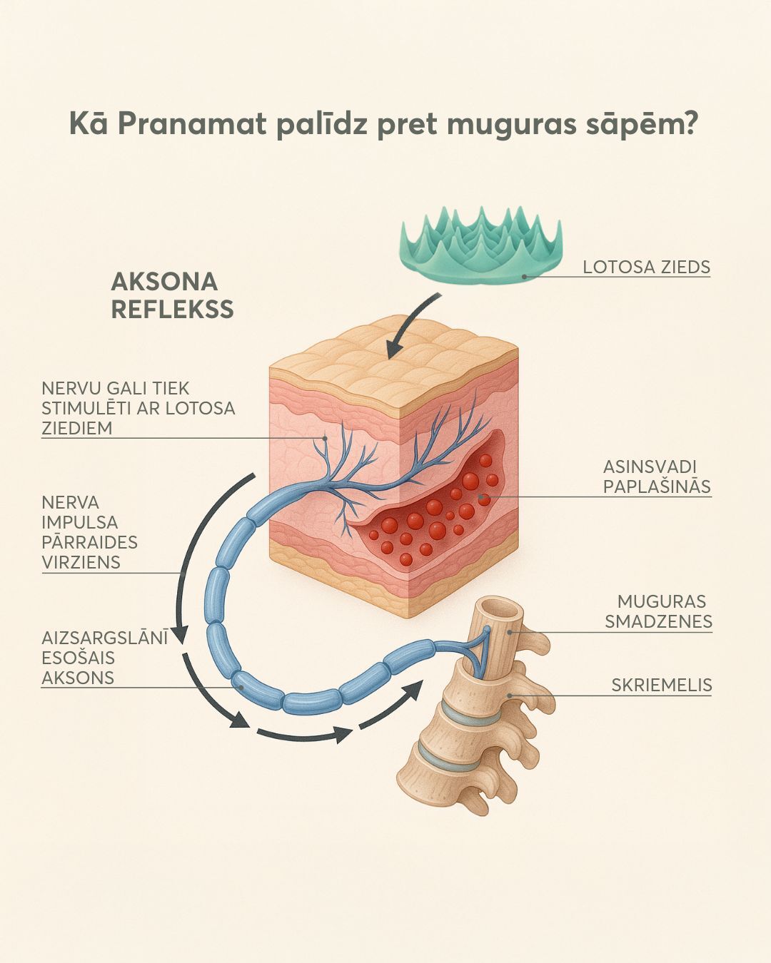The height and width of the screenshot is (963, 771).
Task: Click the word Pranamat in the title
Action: click(193, 125)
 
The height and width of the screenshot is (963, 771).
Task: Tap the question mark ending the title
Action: click(689, 123)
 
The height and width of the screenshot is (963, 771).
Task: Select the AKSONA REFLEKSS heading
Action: click(173, 295)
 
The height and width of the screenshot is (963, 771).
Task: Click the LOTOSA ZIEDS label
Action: click(646, 267)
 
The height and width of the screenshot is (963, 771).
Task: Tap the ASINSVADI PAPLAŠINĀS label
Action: click(657, 476)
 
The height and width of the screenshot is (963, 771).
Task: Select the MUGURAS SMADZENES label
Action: click(658, 611)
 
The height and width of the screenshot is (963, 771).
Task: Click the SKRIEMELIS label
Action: click(662, 685)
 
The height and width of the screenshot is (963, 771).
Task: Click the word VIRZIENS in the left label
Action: click(81, 561)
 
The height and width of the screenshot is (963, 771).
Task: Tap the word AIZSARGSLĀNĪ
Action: click(105, 638)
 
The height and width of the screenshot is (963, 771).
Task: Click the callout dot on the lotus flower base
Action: click(524, 277)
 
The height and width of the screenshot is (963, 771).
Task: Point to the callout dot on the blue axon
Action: click(241, 688)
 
